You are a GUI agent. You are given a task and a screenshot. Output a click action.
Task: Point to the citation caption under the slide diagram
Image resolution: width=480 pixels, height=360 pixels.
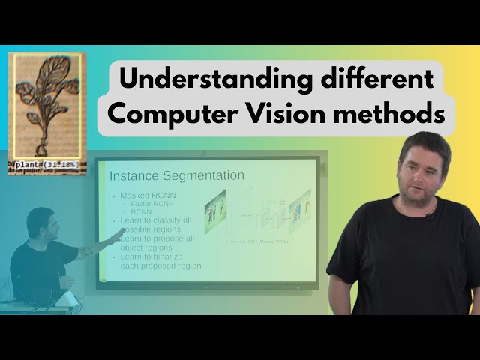(257, 241)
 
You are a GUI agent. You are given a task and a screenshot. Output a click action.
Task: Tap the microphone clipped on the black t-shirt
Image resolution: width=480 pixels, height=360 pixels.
(431, 216)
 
